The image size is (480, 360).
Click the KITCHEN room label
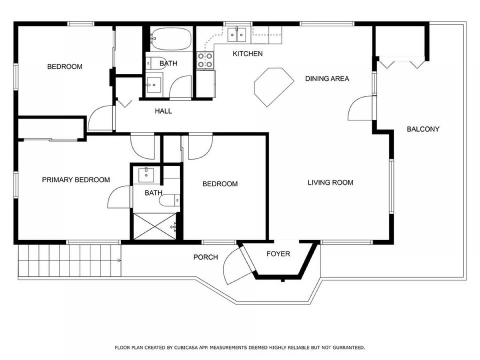point(247,54)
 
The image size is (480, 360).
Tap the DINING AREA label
point(327,79)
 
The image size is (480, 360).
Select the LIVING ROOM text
point(330,182)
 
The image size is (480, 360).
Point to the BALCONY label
point(423,129)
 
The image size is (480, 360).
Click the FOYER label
point(278,254)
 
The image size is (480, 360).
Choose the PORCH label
point(206,257)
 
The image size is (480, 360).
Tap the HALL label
point(163,111)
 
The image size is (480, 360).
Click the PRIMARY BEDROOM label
point(76,180)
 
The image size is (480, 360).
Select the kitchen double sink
point(237,35)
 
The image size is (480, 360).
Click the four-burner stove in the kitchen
point(205,60)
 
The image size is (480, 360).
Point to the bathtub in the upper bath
point(171,39)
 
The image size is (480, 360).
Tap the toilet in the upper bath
point(156,63)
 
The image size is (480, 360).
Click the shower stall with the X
point(154,226)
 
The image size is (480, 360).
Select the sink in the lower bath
point(146,174)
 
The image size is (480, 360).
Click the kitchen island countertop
point(274,87)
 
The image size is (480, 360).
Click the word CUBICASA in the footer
point(184,347)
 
